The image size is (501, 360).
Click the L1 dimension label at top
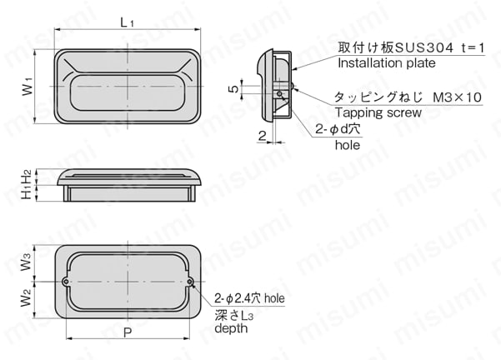click(127, 22)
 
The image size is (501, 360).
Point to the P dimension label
click(127, 332)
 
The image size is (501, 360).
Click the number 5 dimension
click(234, 87)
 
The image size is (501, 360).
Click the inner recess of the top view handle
click(127, 95)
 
